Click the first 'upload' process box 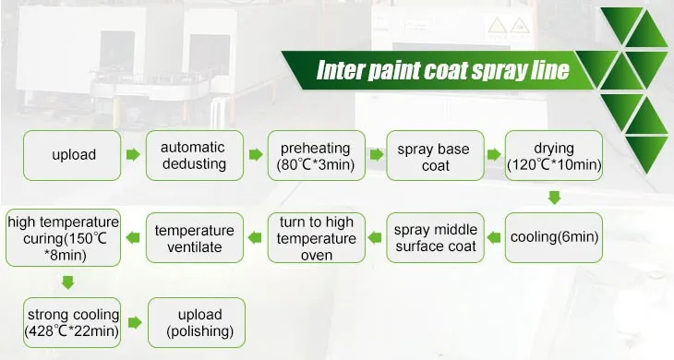tap(73, 155)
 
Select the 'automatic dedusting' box tap(194, 155)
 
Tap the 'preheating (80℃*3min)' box tap(315, 155)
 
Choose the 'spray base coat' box tap(434, 155)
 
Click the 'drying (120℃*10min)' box tap(554, 155)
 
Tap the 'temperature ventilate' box tap(194, 237)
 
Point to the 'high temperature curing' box tap(63, 237)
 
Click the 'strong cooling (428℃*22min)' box tap(64, 322)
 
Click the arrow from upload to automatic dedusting tap(133, 155)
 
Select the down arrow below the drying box tap(554, 197)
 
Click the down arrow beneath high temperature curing tap(64, 281)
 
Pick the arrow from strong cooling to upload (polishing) tap(134, 322)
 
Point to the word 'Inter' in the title tap(341, 71)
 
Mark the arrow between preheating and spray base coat tap(375, 155)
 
